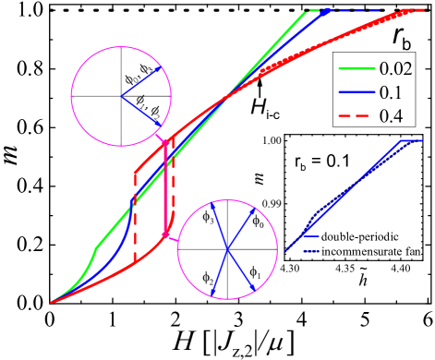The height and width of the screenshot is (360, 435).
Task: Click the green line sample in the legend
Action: pyautogui.click(x=356, y=68)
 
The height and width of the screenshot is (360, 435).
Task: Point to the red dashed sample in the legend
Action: pyautogui.click(x=356, y=115)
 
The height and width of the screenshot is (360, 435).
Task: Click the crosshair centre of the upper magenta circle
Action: pyautogui.click(x=120, y=95)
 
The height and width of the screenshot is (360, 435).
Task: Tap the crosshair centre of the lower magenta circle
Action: pyautogui.click(x=227, y=249)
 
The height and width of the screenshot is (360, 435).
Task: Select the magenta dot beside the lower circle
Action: pyautogui.click(x=164, y=237)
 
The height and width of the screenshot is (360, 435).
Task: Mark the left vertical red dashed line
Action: pyautogui.click(x=135, y=217)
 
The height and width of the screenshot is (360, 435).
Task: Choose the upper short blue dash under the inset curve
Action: pyautogui.click(x=311, y=237)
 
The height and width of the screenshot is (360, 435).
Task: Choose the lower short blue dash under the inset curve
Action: pyautogui.click(x=311, y=251)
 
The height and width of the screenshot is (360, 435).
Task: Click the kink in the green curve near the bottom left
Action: pyautogui.click(x=97, y=247)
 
